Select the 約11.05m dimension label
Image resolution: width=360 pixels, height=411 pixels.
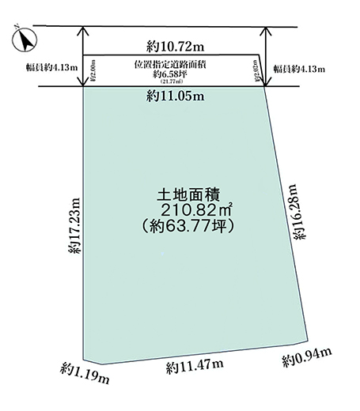[x=175, y=96]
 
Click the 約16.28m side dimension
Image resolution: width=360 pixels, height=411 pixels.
[x=294, y=212]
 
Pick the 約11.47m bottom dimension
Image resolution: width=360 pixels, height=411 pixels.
[x=195, y=365]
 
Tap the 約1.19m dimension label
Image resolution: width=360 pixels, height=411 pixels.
[x=84, y=371]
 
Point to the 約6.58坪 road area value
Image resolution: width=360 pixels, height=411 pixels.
[x=172, y=74]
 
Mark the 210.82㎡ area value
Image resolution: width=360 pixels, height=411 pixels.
[x=193, y=209]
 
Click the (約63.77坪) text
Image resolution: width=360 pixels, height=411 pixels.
[x=190, y=226]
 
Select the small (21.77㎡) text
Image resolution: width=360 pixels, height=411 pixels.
[x=172, y=81]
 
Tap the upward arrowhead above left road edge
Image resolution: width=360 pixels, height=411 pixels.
[x=83, y=33]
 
